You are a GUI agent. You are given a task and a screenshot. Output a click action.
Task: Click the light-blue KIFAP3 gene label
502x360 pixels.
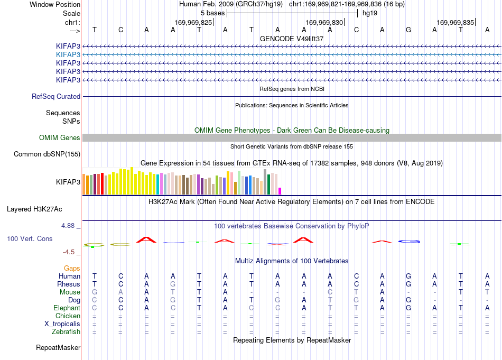[68, 55]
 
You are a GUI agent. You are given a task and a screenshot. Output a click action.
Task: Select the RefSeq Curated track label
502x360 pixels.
[56, 96]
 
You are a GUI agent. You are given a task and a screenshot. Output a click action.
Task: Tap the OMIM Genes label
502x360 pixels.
[60, 138]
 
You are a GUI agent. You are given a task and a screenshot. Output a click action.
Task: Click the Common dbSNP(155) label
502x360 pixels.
[47, 154]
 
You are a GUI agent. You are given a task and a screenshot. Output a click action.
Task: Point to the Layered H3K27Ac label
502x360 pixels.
[34, 209]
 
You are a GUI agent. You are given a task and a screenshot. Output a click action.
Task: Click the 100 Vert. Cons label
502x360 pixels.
[30, 238]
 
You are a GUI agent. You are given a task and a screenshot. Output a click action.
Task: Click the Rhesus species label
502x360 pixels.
[69, 284]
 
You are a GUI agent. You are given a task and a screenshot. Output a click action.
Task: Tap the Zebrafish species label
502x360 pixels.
[66, 332]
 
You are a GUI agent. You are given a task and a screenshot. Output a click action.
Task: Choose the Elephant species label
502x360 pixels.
[67, 308]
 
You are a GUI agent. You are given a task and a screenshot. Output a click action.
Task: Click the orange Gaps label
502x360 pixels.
[72, 269]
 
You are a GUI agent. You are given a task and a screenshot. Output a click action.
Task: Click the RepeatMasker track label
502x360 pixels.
[58, 347]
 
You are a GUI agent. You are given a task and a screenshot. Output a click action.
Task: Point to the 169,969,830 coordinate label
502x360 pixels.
[324, 22]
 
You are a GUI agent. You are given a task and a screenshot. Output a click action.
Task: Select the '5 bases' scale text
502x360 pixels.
[213, 13]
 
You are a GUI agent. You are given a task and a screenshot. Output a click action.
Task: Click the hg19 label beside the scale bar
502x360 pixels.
[370, 13]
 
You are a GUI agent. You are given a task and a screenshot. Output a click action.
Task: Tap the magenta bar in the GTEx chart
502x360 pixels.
[280, 191]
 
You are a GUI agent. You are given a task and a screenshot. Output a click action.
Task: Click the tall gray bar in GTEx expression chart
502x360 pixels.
[265, 182]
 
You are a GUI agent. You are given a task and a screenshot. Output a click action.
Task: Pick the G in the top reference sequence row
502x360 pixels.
[408, 30]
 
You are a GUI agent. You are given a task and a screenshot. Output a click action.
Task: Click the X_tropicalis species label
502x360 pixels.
[62, 324]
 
